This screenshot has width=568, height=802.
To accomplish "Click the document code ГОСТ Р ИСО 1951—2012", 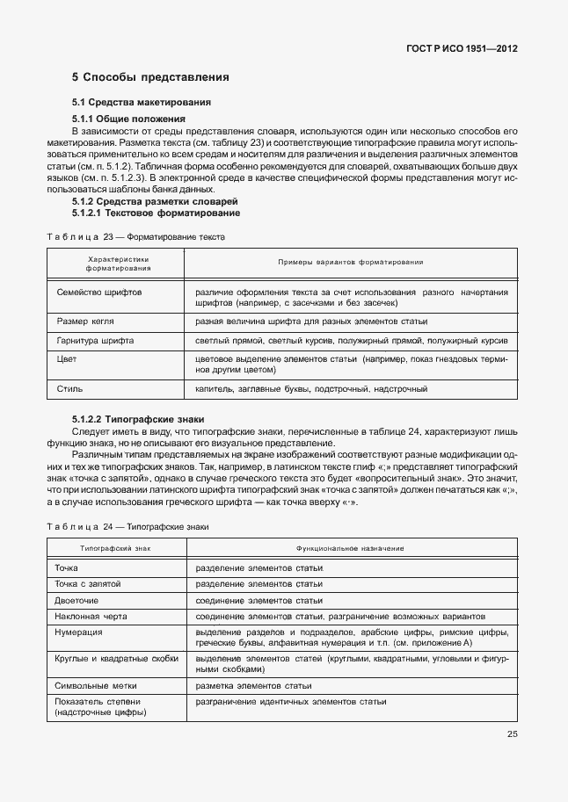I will click(x=461, y=49).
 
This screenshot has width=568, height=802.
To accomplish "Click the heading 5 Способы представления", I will click(x=150, y=77).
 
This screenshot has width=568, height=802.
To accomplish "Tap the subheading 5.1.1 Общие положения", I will click(x=128, y=118).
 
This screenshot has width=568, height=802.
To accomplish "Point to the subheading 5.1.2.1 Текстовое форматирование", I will click(x=156, y=213).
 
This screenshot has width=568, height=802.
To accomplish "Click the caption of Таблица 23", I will click(x=135, y=237).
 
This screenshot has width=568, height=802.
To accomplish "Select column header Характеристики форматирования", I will click(x=119, y=264).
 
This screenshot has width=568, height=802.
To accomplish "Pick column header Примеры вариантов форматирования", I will click(x=351, y=262).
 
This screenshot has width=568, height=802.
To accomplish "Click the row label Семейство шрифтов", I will click(x=99, y=291).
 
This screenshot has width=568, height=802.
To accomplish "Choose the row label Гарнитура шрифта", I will click(x=95, y=339).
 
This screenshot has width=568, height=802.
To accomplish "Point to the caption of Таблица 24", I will click(x=127, y=525).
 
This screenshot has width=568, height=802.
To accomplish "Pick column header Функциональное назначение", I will click(x=351, y=547).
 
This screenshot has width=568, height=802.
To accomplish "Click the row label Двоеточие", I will click(x=79, y=600).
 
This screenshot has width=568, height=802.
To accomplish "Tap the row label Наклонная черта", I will click(x=91, y=617).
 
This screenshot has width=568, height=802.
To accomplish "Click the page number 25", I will click(x=512, y=734).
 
